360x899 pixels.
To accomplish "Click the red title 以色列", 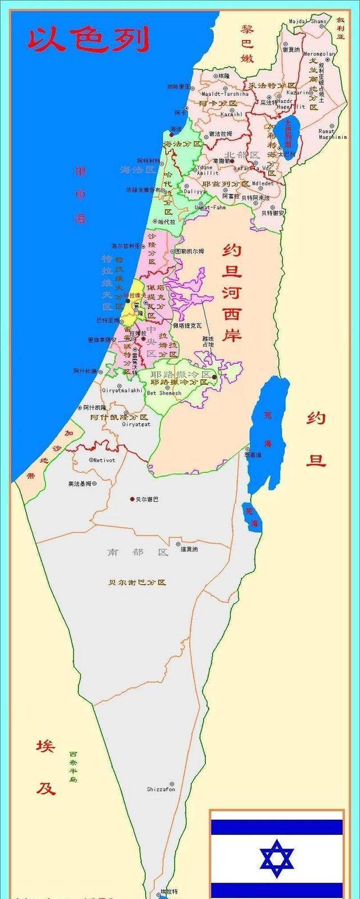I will (x=89, y=39).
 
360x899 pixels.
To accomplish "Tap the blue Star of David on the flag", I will (x=277, y=859).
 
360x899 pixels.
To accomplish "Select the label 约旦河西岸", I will (x=232, y=292).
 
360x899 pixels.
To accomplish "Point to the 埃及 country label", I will (x=46, y=767).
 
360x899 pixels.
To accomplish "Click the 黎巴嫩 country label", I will (x=247, y=43).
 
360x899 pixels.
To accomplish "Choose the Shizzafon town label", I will (x=161, y=789).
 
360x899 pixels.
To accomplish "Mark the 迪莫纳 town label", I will (x=189, y=549).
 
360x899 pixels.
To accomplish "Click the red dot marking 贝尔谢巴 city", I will (x=132, y=499).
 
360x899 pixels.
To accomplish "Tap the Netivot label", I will (x=105, y=460).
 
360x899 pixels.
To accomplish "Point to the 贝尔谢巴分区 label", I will (x=138, y=582).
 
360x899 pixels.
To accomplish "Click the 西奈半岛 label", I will (x=74, y=766).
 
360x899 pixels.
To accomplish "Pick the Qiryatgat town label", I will (x=136, y=424).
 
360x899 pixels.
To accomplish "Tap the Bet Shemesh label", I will (x=164, y=393).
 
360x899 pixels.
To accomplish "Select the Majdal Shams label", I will (x=308, y=21).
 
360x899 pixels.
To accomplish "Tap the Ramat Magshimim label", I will (x=332, y=134).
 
